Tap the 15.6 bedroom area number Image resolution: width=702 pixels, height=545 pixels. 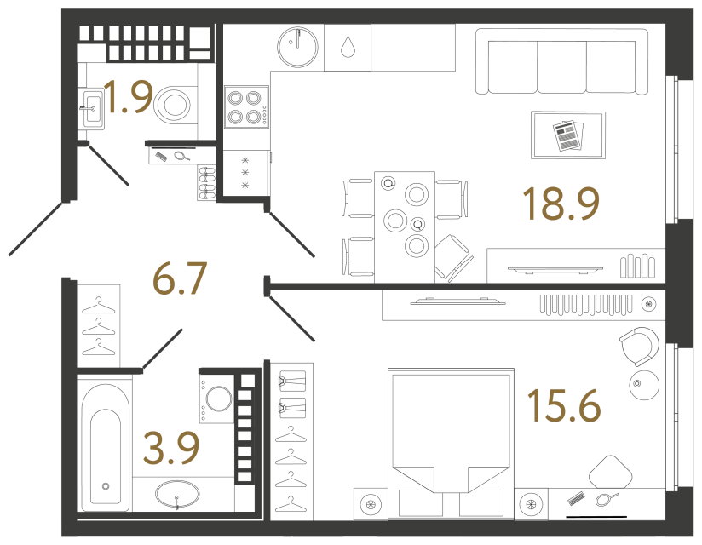[564, 405]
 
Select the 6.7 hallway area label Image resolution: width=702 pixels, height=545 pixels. [180, 278]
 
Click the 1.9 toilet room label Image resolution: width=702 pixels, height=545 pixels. [128, 96]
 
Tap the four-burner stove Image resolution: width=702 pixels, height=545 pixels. [247, 107]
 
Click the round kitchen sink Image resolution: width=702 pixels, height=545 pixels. [297, 47]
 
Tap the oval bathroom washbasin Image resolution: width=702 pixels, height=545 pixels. [177, 495]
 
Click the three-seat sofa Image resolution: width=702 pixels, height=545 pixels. [561, 61]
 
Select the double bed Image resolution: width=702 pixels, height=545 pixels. [451, 444]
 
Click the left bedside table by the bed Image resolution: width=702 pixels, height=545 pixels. [371, 504]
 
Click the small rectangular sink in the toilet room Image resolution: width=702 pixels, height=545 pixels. [93, 109]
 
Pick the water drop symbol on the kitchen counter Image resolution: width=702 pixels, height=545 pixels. [348, 47]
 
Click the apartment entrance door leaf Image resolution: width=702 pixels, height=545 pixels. [35, 229]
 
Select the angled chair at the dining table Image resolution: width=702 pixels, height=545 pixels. [453, 258]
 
